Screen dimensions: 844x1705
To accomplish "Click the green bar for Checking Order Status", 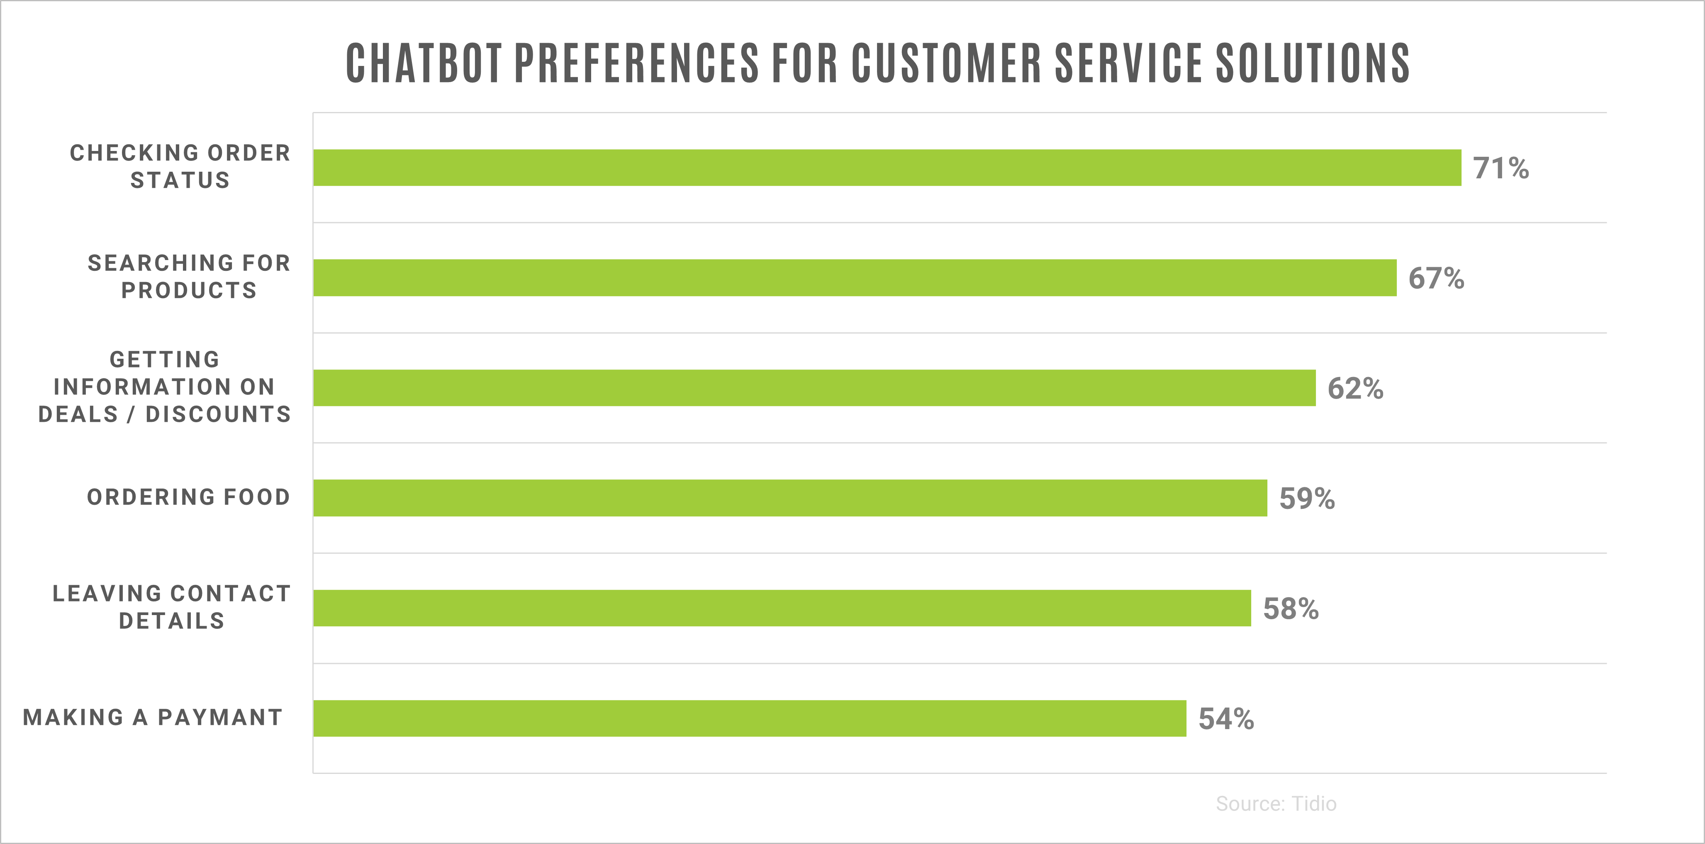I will coord(887,168).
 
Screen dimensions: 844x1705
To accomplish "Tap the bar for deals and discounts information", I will coord(814,388).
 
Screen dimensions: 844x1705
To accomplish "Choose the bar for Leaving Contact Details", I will coord(782,608).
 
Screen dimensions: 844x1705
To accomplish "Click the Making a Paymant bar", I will coord(749,718).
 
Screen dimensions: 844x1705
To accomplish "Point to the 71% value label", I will coord(1500,168).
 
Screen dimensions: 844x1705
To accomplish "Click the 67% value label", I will coord(1436,278).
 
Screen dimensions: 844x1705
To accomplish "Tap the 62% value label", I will coord(1355,389).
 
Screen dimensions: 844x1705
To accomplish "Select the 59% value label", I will coord(1307,499).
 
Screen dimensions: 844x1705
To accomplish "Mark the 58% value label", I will coord(1291,608).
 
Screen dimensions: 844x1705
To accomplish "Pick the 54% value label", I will coord(1226,719).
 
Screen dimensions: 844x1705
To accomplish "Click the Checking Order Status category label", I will coord(180,167).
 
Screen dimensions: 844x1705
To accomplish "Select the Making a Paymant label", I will coord(153,718).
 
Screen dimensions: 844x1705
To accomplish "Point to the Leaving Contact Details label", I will coord(171,607).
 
